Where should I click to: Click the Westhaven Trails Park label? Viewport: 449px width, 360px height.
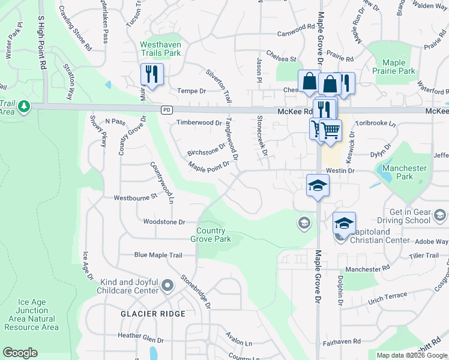tap(160, 49)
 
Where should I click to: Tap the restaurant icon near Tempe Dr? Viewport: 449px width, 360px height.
tap(151, 74)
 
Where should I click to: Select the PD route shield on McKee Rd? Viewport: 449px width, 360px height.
tap(167, 110)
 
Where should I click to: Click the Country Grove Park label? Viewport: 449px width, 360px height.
tap(211, 235)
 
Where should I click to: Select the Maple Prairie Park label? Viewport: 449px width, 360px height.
tap(394, 67)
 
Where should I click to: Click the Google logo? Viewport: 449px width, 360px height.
tap(20, 352)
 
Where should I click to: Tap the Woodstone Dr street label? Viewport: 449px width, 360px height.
tap(164, 221)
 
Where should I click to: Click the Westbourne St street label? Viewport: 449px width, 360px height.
tap(135, 196)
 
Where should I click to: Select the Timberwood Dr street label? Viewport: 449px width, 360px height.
tap(199, 122)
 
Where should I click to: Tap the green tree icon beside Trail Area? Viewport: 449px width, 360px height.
tap(24, 107)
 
